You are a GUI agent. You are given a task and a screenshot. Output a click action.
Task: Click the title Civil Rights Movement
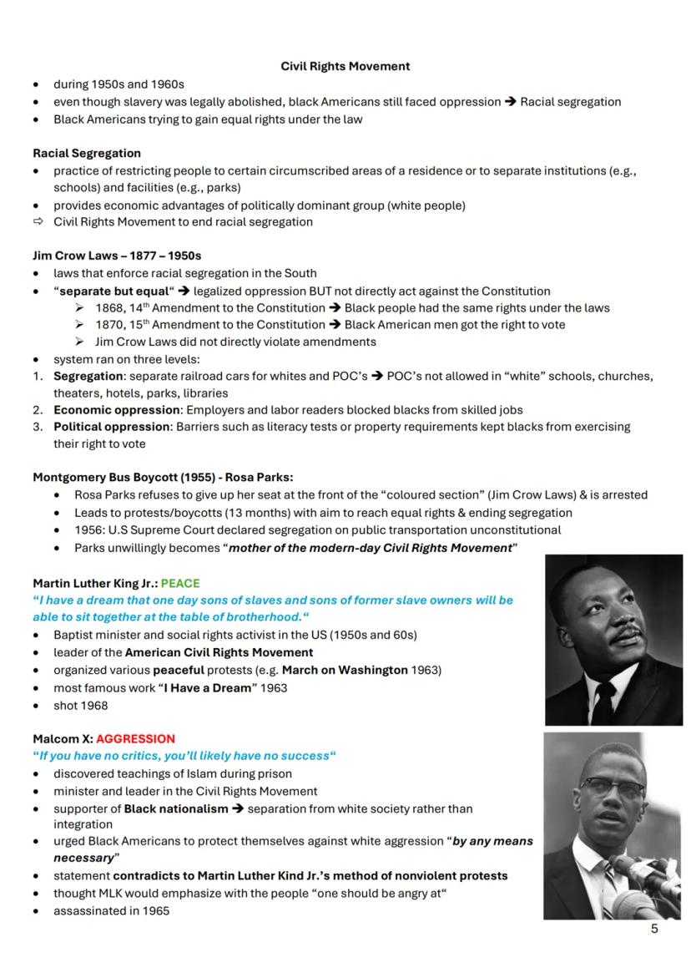pos(345,66)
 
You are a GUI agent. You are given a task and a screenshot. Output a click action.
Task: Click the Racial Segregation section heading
pos(87,154)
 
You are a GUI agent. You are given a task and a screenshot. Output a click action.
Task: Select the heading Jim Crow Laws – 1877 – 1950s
pos(117,256)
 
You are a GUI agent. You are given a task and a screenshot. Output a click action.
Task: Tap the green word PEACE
pos(180,583)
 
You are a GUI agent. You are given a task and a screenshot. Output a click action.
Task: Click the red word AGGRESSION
pos(135,739)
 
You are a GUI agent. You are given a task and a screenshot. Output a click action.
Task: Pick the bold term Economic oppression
pos(117,410)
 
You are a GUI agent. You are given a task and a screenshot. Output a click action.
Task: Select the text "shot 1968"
pos(80,706)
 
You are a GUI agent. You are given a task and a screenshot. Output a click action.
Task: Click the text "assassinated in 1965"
pos(111,910)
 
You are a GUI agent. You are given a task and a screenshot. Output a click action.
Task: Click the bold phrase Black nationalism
pos(175,809)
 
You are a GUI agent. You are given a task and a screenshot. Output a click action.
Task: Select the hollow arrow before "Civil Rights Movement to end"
pos(38,222)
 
